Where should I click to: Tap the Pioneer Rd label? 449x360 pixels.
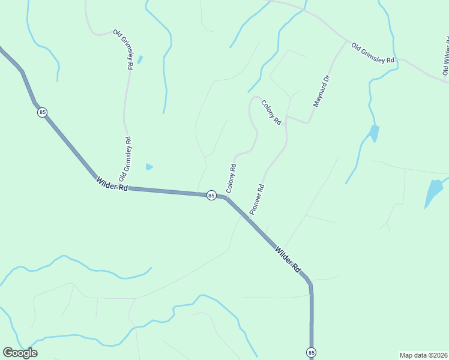pyautogui.click(x=257, y=199)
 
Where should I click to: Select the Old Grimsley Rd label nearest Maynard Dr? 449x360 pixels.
pyautogui.click(x=373, y=53)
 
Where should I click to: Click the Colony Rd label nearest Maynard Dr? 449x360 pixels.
pyautogui.click(x=271, y=112)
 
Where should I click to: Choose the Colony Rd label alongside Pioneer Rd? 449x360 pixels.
pyautogui.click(x=231, y=178)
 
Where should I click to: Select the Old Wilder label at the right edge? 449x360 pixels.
pyautogui.click(x=445, y=57)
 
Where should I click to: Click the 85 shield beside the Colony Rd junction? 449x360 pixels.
pyautogui.click(x=211, y=195)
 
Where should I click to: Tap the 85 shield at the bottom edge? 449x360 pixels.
pyautogui.click(x=311, y=352)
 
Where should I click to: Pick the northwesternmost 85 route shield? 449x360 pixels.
pyautogui.click(x=41, y=112)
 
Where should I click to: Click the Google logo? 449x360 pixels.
pyautogui.click(x=20, y=352)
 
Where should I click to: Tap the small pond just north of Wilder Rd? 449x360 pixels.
pyautogui.click(x=149, y=167)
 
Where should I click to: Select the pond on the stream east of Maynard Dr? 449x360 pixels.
pyautogui.click(x=374, y=133)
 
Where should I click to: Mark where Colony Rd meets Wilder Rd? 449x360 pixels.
pyautogui.click(x=226, y=196)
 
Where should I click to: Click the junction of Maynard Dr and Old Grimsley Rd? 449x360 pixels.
pyautogui.click(x=346, y=42)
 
